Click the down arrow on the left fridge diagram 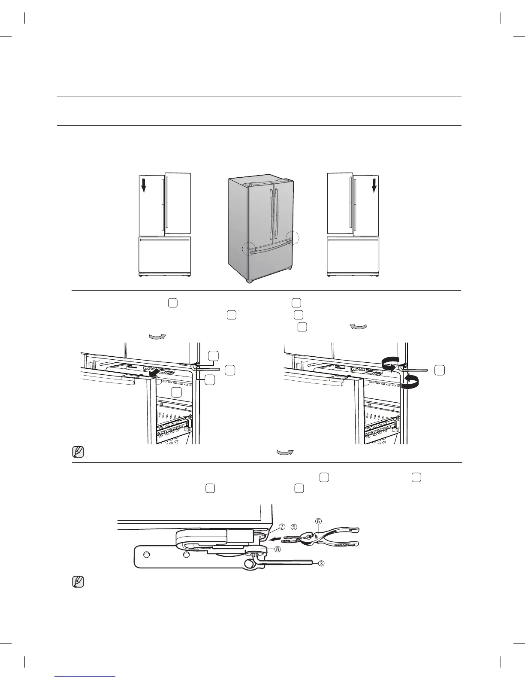tap(144, 186)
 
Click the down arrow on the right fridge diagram tap(374, 186)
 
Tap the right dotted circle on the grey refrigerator tap(292, 237)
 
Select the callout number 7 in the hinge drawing tap(282, 527)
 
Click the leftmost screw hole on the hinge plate tap(146, 555)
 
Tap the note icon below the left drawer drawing tap(78, 452)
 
